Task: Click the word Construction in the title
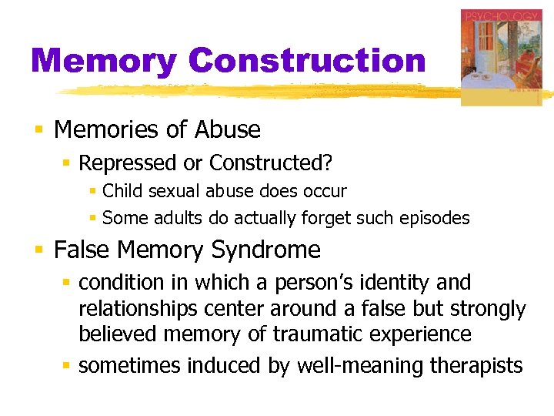pyautogui.click(x=307, y=61)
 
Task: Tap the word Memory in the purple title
pyautogui.click(x=103, y=61)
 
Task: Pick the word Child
pyautogui.click(x=120, y=191)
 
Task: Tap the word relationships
pyautogui.click(x=135, y=309)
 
